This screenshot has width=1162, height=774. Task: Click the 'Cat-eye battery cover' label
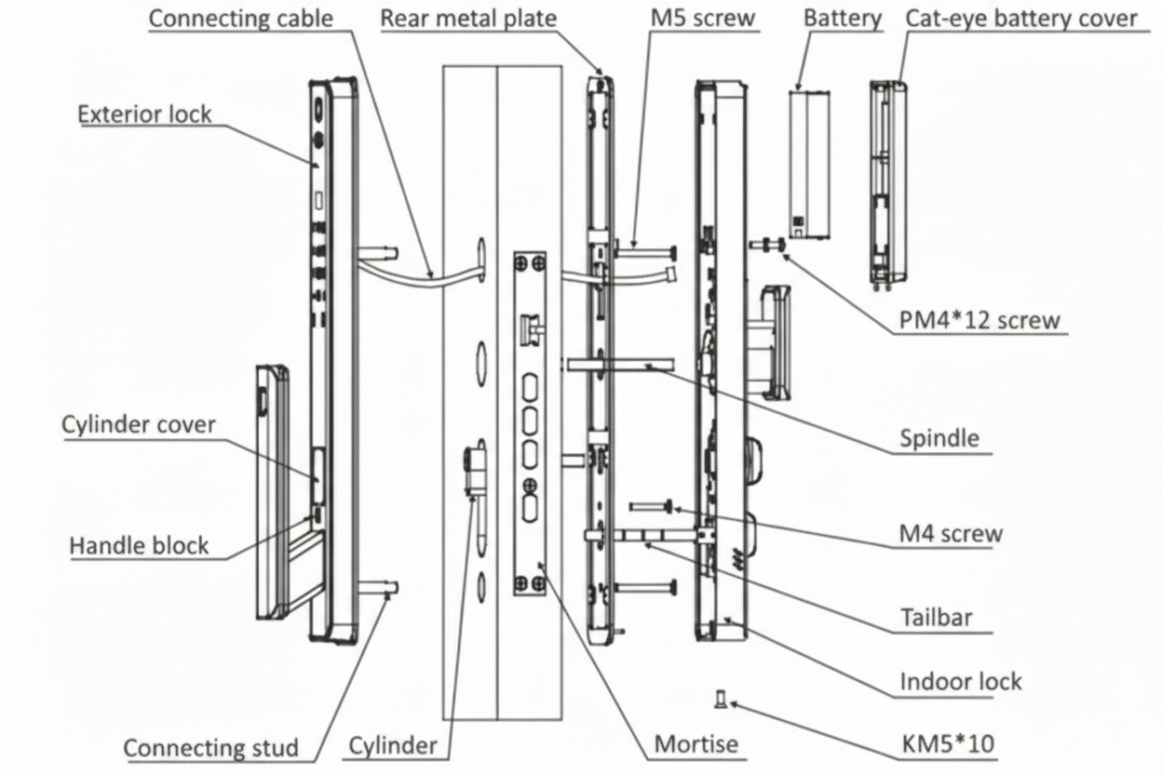coord(1020,18)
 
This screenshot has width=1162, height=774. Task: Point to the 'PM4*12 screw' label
coord(980,321)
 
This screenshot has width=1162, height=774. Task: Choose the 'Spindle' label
coord(939,437)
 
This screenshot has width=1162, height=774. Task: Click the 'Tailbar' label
coord(936,617)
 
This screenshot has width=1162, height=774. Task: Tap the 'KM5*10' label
coord(948,743)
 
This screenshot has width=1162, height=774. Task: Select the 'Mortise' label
coord(696,743)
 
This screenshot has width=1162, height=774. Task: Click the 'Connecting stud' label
coord(211,748)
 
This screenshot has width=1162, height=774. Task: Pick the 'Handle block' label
coord(139,544)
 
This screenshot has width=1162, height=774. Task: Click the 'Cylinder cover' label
coord(139,425)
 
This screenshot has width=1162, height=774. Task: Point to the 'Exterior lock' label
coord(144,114)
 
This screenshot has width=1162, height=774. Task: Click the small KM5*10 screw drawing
coord(720,698)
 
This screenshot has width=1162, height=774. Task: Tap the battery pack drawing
coord(808,165)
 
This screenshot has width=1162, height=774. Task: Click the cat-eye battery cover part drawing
coord(888,181)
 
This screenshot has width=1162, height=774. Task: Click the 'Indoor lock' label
coord(960,681)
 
